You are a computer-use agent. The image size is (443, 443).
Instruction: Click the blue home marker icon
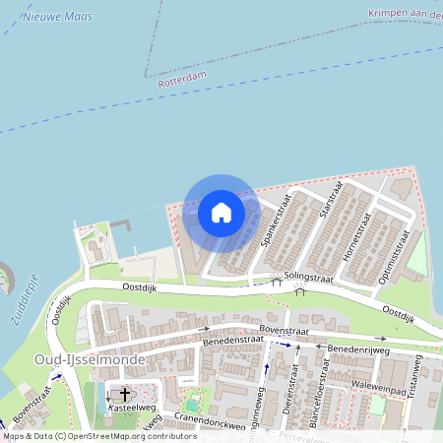pyautogui.click(x=221, y=212)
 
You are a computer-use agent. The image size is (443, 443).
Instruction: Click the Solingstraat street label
pyautogui.click(x=308, y=281)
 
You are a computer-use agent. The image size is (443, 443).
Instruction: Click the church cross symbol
pyautogui.click(x=125, y=394)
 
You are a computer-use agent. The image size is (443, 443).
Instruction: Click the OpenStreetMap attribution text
pyautogui.click(x=99, y=435)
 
